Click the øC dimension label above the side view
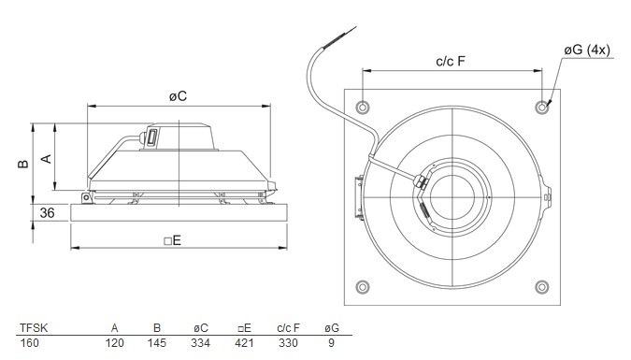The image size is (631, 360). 178,95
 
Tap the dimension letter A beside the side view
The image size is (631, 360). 47,159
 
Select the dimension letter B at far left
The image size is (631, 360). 23,163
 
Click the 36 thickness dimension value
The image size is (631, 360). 47,212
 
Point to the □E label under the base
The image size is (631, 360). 173,240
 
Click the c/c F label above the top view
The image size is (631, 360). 451,61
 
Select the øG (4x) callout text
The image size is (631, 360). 587,50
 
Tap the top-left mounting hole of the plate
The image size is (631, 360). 363,108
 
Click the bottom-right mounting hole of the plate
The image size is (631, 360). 542,287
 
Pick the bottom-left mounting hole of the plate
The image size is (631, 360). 363,287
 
